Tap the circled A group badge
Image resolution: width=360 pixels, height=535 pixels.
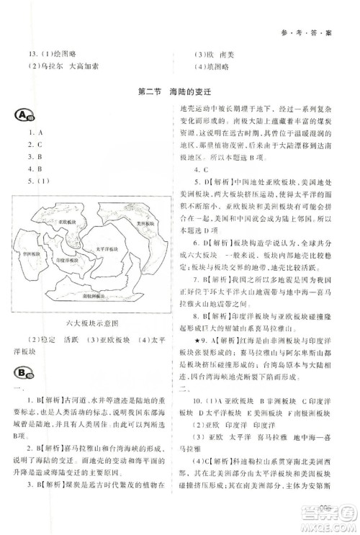pyautogui.click(x=24, y=116)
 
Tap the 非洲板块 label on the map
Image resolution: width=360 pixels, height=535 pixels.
pyautogui.click(x=32, y=254)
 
